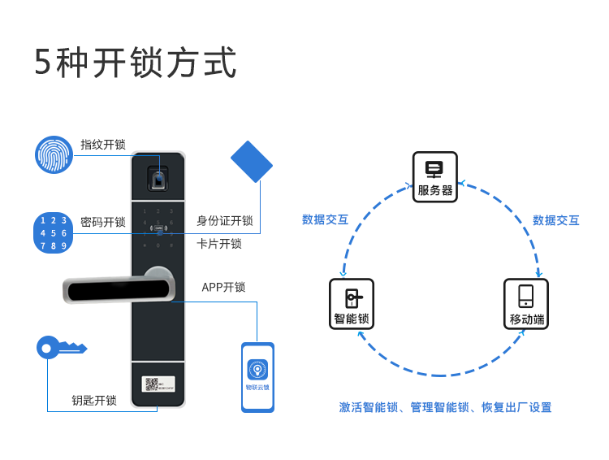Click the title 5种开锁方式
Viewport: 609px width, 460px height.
tap(136, 63)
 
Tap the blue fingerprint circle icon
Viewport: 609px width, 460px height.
tap(54, 154)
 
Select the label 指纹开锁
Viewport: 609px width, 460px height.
tap(103, 145)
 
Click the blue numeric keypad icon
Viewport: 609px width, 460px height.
tap(54, 233)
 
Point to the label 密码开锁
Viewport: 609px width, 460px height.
tap(103, 222)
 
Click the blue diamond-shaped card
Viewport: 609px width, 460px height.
tap(252, 162)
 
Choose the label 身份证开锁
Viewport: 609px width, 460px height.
tap(225, 221)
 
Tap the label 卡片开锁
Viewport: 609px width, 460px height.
tap(219, 243)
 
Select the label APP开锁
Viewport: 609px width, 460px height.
tap(223, 287)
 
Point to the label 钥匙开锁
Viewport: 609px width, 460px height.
tap(94, 400)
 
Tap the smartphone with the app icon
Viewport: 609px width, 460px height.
tap(257, 377)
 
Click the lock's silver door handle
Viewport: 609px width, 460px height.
tap(119, 288)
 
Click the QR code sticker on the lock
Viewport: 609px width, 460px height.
tap(151, 384)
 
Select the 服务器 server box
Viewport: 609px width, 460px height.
tap(434, 176)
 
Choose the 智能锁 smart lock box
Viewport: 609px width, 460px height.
tap(352, 304)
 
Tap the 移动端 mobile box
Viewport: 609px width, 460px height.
tap(526, 304)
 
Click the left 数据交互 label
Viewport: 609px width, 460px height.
tap(325, 219)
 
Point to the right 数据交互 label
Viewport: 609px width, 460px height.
tap(556, 220)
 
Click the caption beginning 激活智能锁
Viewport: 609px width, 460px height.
tap(445, 407)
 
